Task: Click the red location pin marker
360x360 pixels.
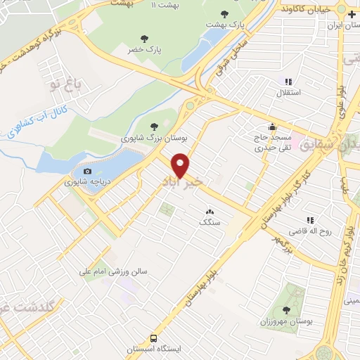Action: tap(181, 165)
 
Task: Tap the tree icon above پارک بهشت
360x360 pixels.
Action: tap(224, 14)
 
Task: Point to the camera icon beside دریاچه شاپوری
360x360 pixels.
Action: tap(87, 171)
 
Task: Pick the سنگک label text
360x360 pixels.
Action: tap(210, 221)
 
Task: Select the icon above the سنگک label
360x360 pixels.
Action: tap(210, 211)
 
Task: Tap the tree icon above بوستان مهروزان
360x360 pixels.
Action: tap(286, 309)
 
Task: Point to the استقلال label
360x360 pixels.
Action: tap(290, 92)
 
